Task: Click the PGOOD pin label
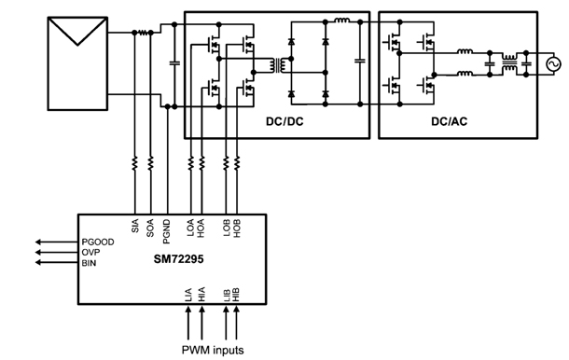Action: (97, 242)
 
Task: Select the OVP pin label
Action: (90, 252)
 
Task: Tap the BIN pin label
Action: (89, 263)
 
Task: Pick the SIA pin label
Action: (135, 226)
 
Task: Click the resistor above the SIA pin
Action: (135, 164)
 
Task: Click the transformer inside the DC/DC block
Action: (276, 65)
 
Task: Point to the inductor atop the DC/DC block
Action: (341, 21)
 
